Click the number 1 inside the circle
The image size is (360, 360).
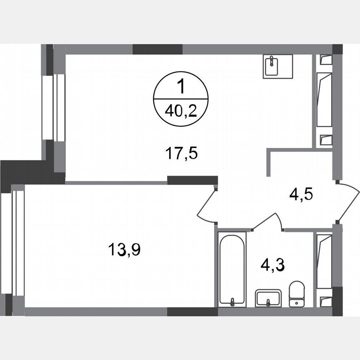tap(181, 88)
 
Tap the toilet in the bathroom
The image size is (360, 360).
tap(297, 293)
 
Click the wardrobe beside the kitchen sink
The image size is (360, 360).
tap(324, 100)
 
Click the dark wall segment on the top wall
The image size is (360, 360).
tap(157, 49)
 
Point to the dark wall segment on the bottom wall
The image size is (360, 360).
tap(192, 312)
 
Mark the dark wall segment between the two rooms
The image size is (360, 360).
tap(192, 180)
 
